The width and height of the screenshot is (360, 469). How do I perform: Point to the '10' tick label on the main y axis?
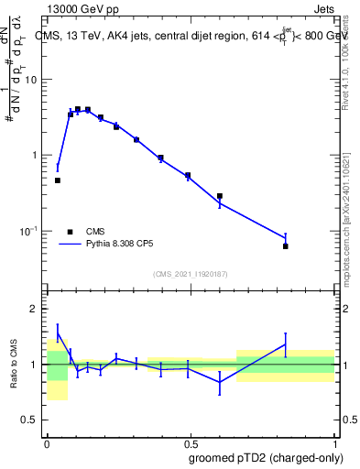click(x=30, y=80)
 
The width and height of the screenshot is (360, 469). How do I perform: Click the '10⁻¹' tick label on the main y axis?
click(x=28, y=231)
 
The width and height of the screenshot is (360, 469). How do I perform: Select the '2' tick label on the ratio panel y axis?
click(x=34, y=309)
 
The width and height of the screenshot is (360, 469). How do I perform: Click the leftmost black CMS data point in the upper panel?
click(x=58, y=180)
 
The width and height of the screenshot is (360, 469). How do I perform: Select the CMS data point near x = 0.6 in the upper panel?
click(x=220, y=196)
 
